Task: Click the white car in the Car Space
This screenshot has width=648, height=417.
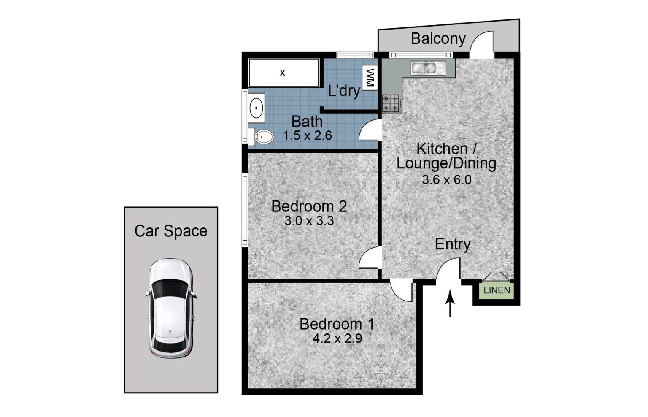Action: [171, 308]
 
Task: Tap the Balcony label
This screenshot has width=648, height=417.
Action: [438, 39]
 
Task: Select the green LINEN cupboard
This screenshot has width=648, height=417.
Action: [497, 290]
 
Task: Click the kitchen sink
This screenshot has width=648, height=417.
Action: [429, 68]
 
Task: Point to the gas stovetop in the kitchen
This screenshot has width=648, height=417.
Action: [391, 103]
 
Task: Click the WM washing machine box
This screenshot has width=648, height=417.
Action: [370, 78]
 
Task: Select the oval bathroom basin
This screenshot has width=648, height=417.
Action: [256, 108]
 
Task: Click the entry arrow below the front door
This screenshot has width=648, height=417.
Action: [450, 304]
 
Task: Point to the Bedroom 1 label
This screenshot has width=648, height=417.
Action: [337, 324]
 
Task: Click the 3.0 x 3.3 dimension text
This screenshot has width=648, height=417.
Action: [309, 221]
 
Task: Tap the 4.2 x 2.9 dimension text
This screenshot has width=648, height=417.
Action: [337, 338]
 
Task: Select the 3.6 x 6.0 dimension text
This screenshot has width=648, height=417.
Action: [447, 180]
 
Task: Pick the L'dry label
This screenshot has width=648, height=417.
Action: [344, 91]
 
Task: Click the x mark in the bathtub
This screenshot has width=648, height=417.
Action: [282, 73]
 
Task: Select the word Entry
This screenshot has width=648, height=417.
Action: [453, 244]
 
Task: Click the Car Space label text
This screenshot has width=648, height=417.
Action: [171, 231]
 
